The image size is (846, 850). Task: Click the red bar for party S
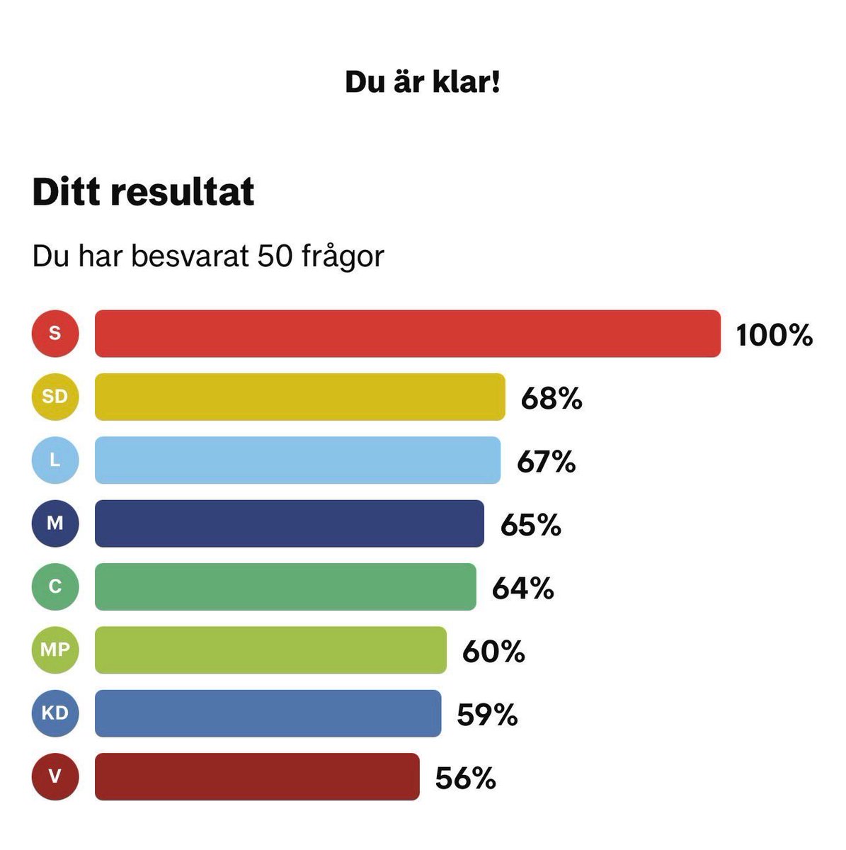click(x=407, y=334)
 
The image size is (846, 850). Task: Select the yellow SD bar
click(x=299, y=397)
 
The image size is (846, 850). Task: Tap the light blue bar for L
click(x=297, y=460)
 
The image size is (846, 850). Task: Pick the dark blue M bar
click(x=289, y=523)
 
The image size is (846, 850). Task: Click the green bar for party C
click(x=285, y=586)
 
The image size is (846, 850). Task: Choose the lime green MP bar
click(x=270, y=650)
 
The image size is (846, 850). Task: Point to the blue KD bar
click(x=268, y=713)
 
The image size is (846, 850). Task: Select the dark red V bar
click(x=256, y=776)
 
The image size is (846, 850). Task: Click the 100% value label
click(x=774, y=335)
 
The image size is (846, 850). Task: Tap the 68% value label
click(x=551, y=399)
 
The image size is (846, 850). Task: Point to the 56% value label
click(x=465, y=778)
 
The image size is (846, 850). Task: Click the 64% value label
click(x=522, y=589)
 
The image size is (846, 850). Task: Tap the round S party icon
click(x=55, y=333)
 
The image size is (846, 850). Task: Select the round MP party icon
click(x=55, y=649)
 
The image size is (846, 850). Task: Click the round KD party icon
click(x=55, y=713)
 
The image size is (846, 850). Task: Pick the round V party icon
click(x=55, y=776)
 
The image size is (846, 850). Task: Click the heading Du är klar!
click(x=423, y=82)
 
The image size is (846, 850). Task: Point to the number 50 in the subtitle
click(x=275, y=256)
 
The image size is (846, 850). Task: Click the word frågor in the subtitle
click(x=343, y=258)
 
